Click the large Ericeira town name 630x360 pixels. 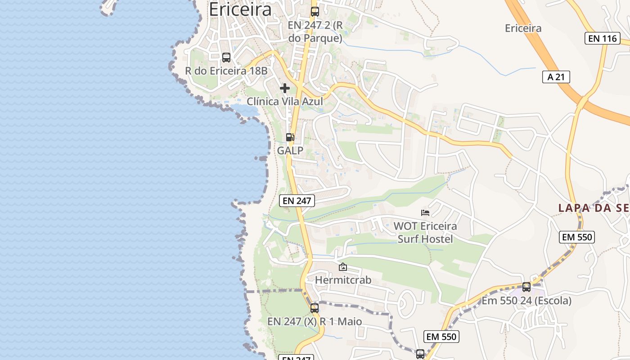240,9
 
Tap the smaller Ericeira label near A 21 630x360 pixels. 523,28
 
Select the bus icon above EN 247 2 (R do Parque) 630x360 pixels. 315,12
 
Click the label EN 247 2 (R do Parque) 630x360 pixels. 315,31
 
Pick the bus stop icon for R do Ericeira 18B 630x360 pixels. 226,58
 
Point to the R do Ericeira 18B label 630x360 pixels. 226,71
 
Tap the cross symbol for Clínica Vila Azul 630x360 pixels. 285,88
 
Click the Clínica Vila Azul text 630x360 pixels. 285,101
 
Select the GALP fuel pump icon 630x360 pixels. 290,137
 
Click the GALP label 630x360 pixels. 290,150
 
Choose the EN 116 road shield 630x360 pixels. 603,38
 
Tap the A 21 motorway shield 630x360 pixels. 556,77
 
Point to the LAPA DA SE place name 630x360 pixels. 594,208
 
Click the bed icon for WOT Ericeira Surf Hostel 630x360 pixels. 425,213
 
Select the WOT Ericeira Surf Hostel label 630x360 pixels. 425,232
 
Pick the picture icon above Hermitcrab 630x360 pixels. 343,267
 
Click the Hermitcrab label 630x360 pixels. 343,280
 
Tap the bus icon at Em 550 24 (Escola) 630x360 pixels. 526,287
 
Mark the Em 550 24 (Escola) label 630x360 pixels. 526,301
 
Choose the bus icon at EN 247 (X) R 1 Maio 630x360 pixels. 315,308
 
